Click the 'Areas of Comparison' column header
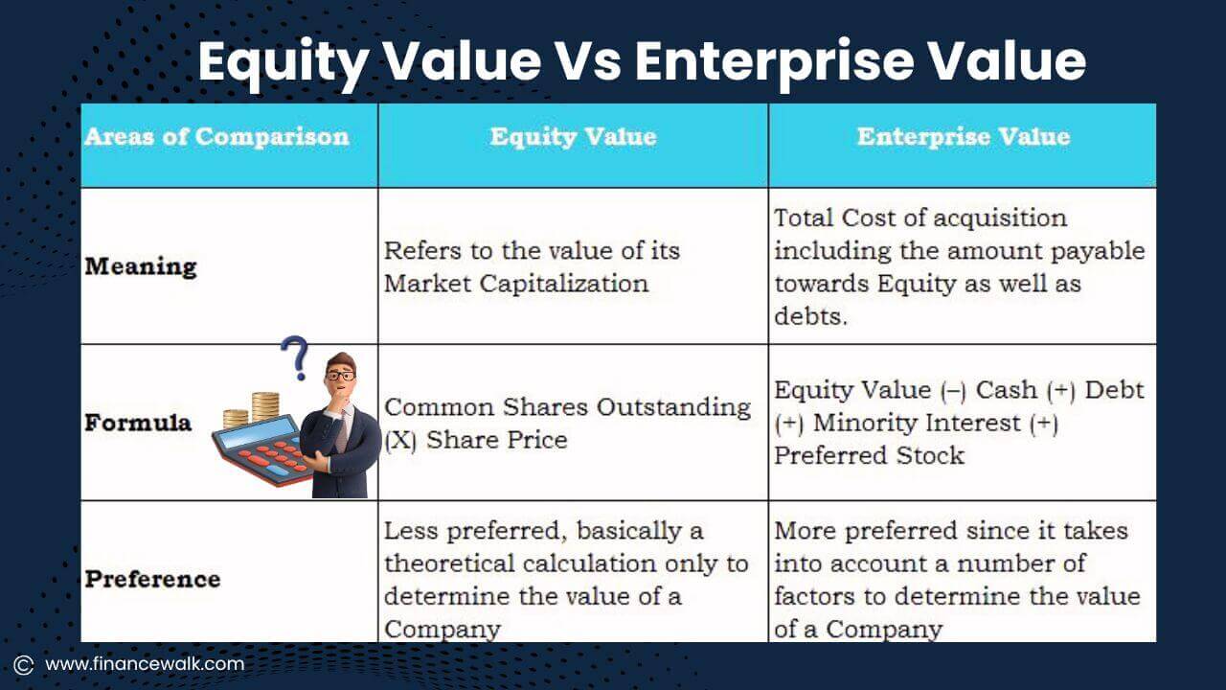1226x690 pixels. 216,136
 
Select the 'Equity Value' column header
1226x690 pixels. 573,136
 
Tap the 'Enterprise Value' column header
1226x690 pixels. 963,136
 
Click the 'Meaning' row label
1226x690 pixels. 141,265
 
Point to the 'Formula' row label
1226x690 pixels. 138,422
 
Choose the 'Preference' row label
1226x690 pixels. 152,579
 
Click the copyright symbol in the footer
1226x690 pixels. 24,664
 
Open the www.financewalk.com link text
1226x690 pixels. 145,663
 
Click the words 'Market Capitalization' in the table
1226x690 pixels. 516,283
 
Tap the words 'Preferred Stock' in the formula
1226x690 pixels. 869,455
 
